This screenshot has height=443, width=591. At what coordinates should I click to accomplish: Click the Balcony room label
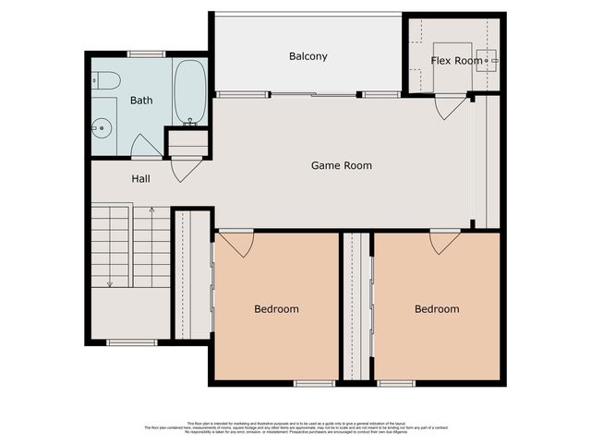coord(308,56)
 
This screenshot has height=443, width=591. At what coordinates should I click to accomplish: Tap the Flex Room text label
coord(456,61)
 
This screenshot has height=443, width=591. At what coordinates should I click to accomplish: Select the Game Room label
coord(341,166)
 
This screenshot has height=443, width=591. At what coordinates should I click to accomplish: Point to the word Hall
coord(140,178)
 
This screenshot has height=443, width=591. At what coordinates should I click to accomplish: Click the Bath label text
coord(141,101)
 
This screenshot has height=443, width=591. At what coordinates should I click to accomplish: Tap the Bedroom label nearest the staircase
coord(276,309)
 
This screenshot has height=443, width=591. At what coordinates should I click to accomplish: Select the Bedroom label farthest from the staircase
coord(436,309)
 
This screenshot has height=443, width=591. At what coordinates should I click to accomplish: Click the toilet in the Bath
coord(105,81)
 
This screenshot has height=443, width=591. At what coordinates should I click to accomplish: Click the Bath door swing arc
coord(146,146)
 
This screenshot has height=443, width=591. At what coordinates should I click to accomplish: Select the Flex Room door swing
coord(452,108)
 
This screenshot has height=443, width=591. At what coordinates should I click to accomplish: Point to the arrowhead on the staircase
coord(109,283)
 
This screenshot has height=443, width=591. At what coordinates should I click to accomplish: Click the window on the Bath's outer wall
coord(146,54)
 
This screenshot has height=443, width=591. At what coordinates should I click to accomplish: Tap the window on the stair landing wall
coord(131,342)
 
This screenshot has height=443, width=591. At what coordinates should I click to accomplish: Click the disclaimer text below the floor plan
coord(295,427)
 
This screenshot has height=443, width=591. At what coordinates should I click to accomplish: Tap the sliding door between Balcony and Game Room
coord(314,94)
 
